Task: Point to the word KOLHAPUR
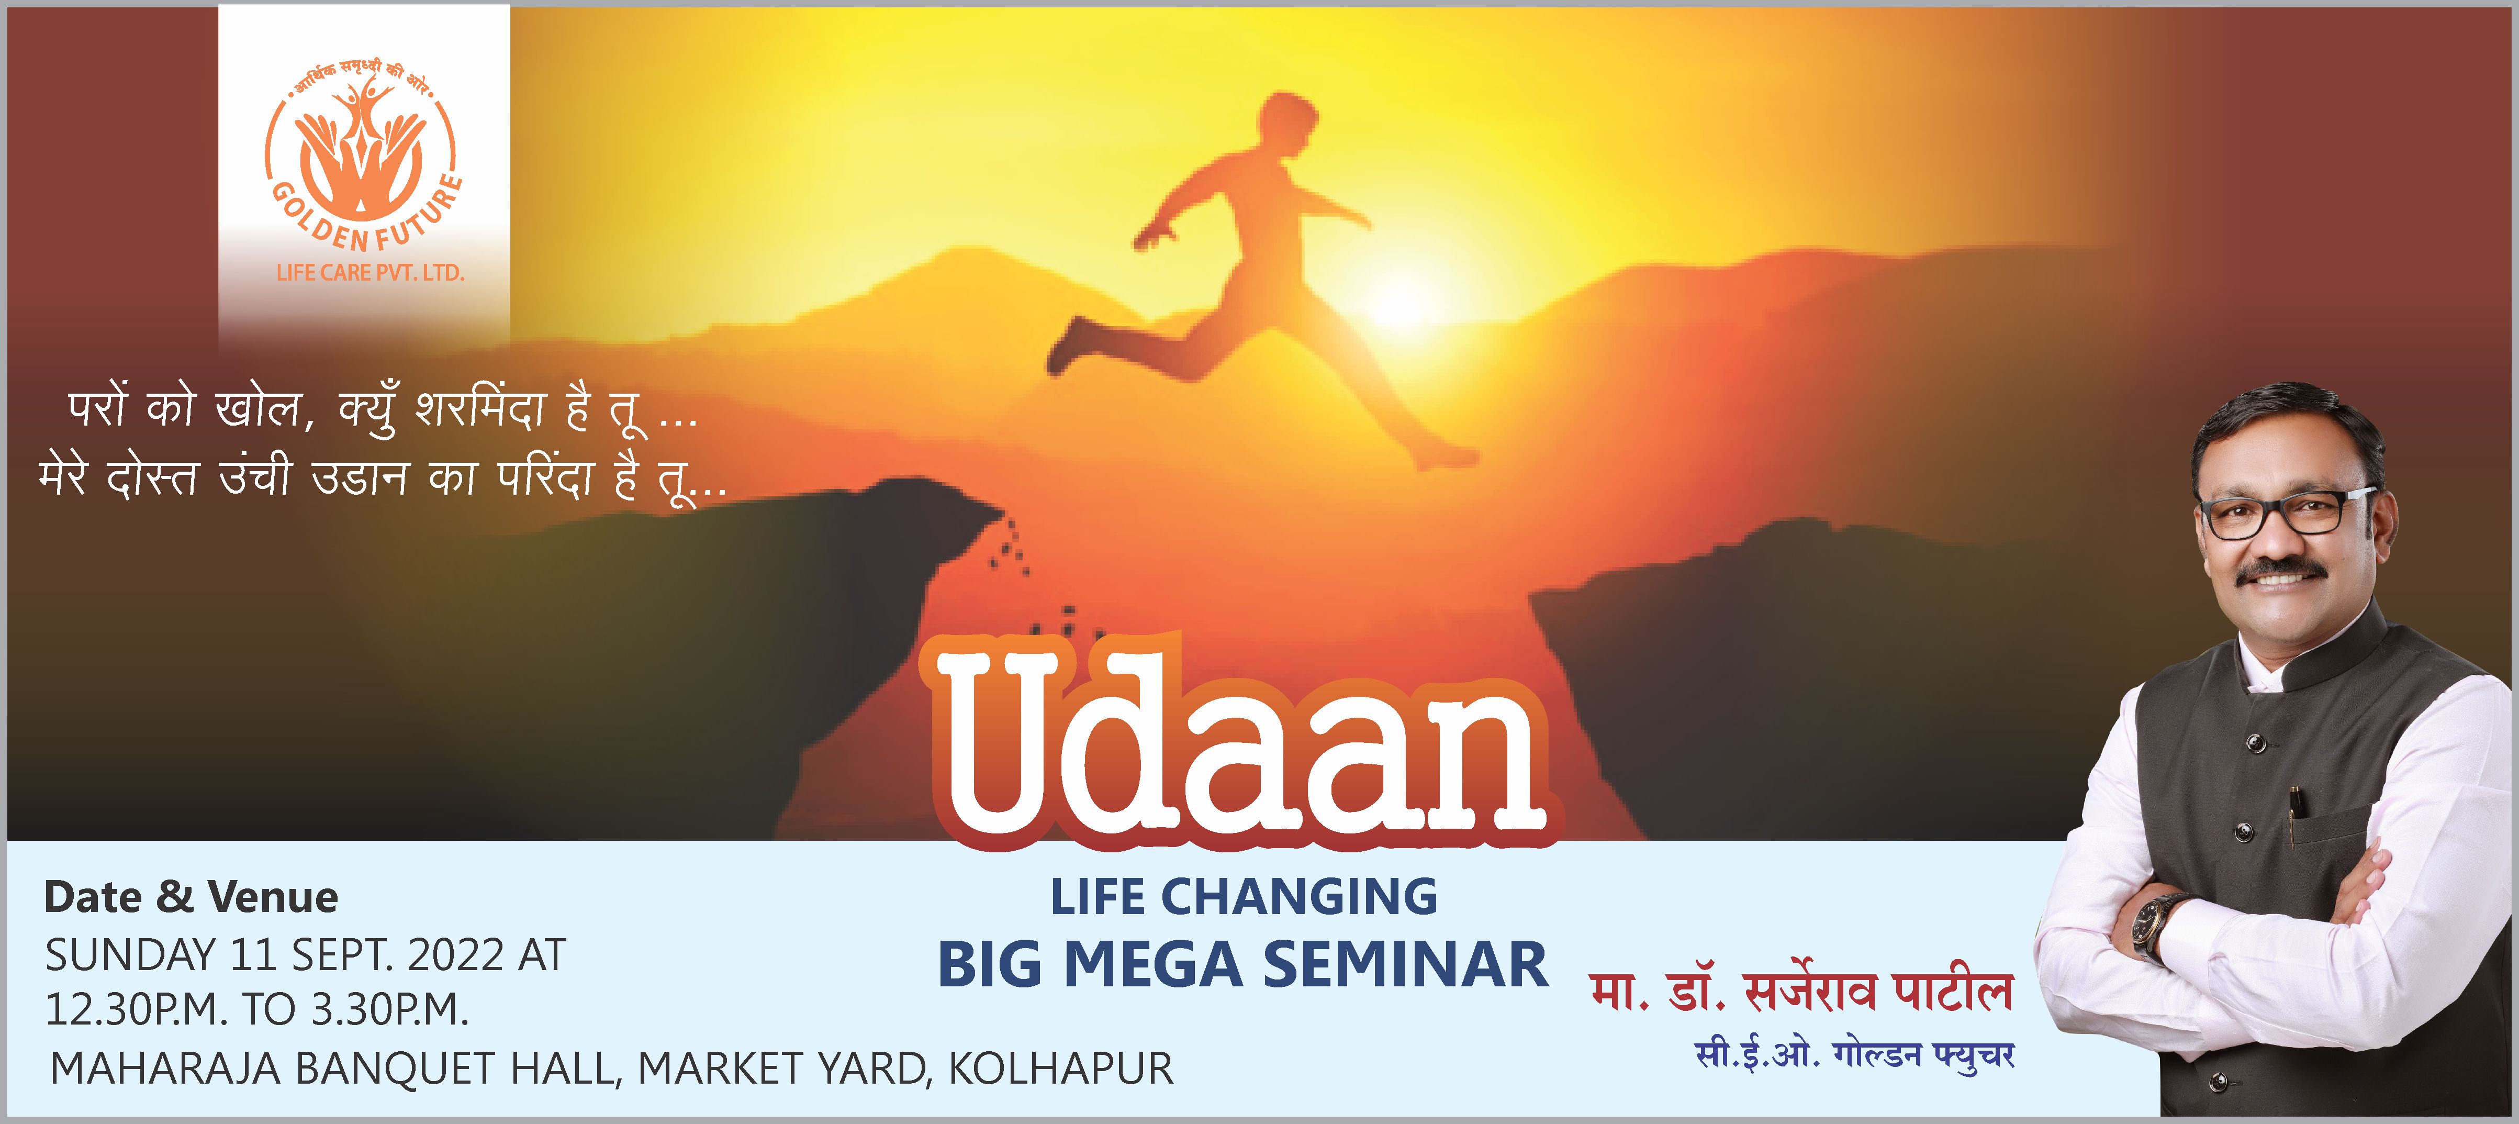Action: coord(1061,1068)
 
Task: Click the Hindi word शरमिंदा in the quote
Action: coord(479,408)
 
